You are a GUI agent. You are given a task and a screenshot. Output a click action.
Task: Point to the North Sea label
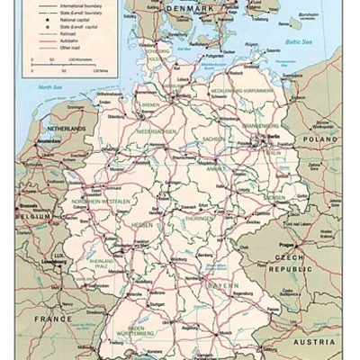point(49,86)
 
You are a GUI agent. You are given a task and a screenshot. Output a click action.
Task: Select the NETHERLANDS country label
point(63,130)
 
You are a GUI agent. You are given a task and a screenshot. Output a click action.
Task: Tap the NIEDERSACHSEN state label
point(153,131)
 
